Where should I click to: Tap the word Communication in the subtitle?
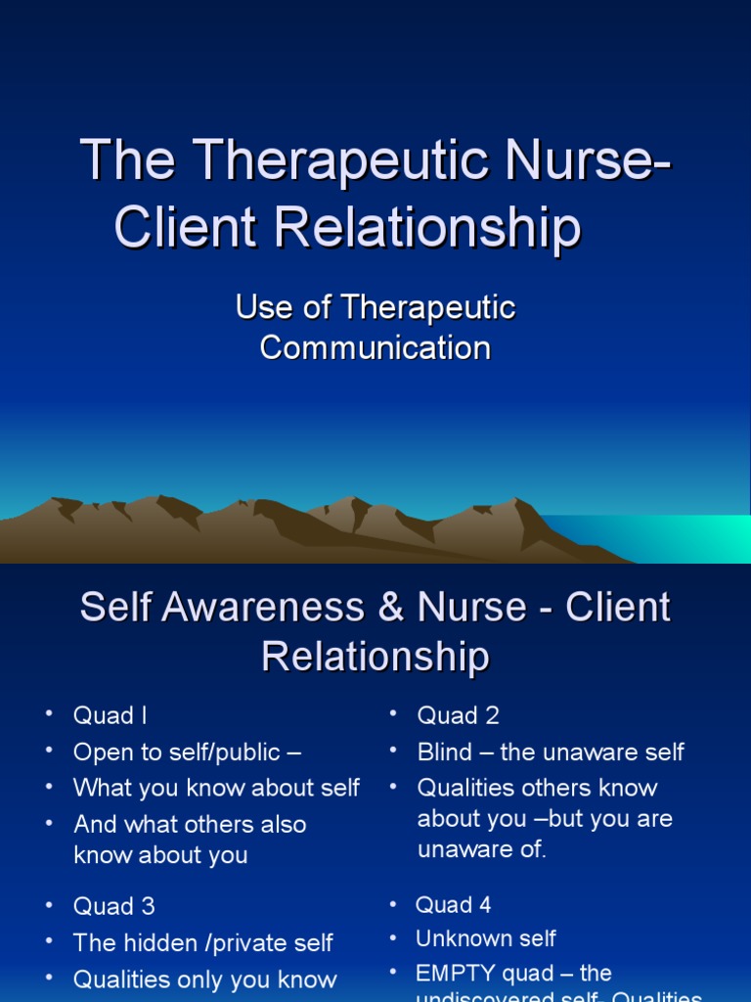375,347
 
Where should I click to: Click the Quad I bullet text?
110,715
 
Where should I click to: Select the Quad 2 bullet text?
458,715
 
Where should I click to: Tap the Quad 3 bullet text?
113,906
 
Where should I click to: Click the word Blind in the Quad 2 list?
445,752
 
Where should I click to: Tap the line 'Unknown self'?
486,939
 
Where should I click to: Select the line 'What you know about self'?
216,788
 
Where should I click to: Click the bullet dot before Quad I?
48,714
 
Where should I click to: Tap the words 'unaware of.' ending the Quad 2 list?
482,849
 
